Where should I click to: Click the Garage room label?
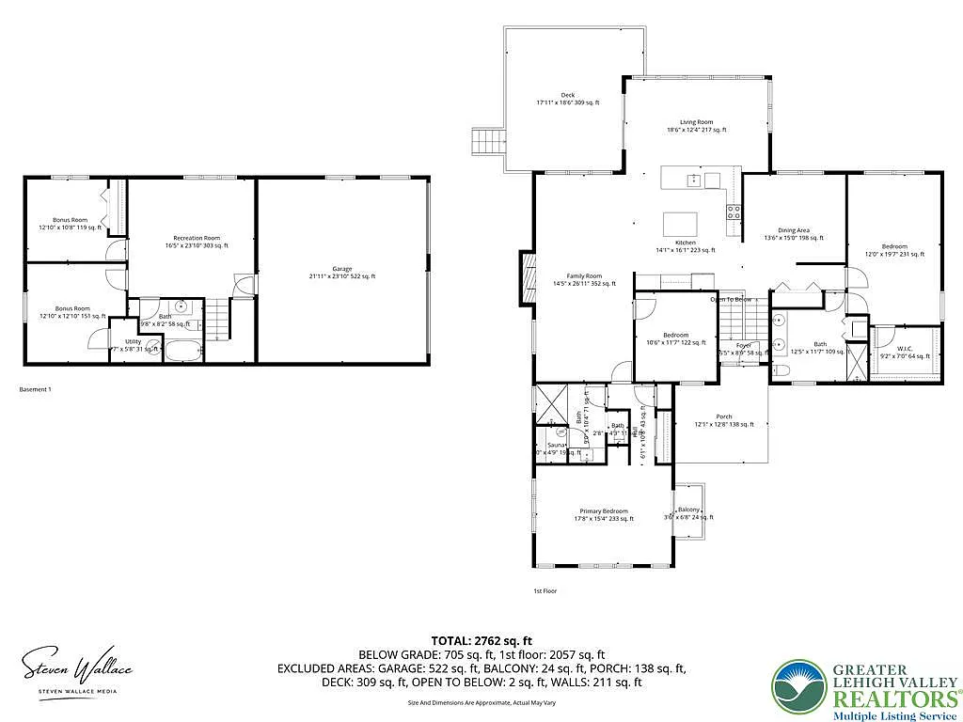(341, 271)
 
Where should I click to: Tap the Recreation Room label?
(195, 241)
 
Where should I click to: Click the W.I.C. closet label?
(904, 352)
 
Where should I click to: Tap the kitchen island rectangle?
(681, 224)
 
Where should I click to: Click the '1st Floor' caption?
(545, 591)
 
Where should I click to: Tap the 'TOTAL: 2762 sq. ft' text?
(481, 639)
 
